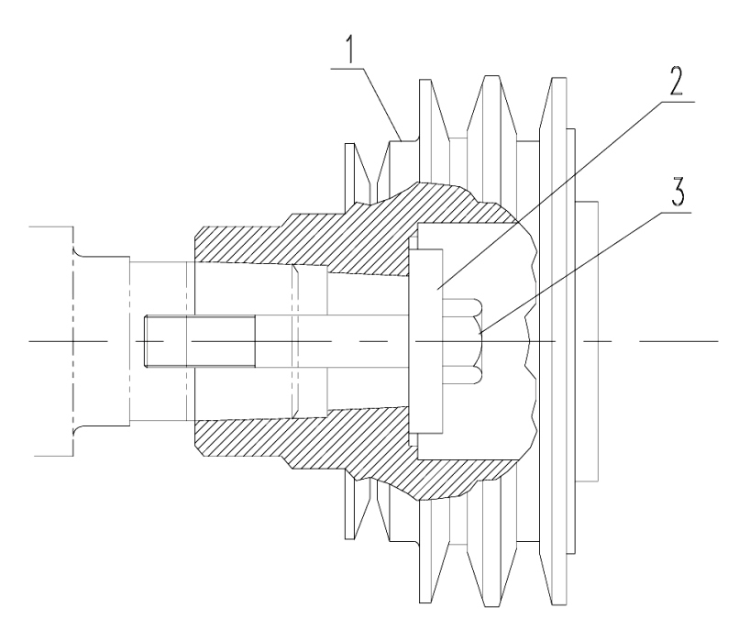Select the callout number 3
pyautogui.click(x=676, y=192)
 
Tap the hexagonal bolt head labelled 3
pyautogui.click(x=463, y=340)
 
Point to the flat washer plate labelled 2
pyautogui.click(x=425, y=341)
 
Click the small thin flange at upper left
pyautogui.click(x=358, y=173)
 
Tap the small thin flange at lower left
pyautogui.click(x=358, y=510)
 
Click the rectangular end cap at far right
pyautogui.click(x=588, y=341)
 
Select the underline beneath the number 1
pyautogui.click(x=347, y=69)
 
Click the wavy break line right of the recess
pyautogui.click(x=529, y=341)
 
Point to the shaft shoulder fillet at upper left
pyautogui.click(x=78, y=252)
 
